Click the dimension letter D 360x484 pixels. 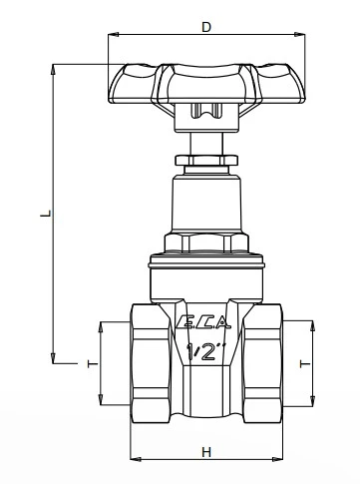[206, 27]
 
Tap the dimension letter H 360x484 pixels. [206, 451]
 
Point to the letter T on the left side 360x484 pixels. [91, 366]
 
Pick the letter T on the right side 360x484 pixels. [319, 366]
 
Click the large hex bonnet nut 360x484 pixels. [205, 242]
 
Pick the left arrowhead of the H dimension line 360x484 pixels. [134, 460]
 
